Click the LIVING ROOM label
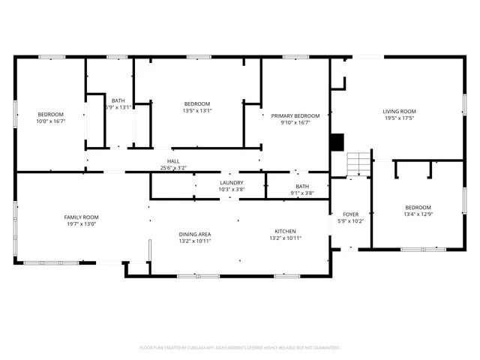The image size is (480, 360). pyautogui.click(x=399, y=112)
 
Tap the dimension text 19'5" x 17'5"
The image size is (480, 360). pyautogui.click(x=399, y=118)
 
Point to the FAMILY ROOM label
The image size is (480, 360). pyautogui.click(x=81, y=217)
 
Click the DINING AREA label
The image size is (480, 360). pyautogui.click(x=194, y=234)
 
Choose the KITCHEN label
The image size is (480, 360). pyautogui.click(x=285, y=231)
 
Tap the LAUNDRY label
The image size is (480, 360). pyautogui.click(x=231, y=182)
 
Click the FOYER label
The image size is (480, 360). pyautogui.click(x=351, y=214)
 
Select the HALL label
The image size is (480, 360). pyautogui.click(x=173, y=161)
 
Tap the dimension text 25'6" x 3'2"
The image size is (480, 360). pyautogui.click(x=173, y=168)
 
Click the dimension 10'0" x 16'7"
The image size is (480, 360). pyautogui.click(x=51, y=121)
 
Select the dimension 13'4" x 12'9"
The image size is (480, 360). pyautogui.click(x=418, y=214)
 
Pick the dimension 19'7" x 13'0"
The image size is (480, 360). pyautogui.click(x=81, y=224)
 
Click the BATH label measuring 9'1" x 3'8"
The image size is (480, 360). pyautogui.click(x=301, y=186)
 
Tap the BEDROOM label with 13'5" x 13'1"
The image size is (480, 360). pyautogui.click(x=197, y=103)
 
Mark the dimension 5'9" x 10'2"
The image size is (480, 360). pyautogui.click(x=351, y=221)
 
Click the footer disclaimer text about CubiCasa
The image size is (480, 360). pyautogui.click(x=240, y=348)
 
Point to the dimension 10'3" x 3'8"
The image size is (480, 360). pyautogui.click(x=231, y=189)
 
